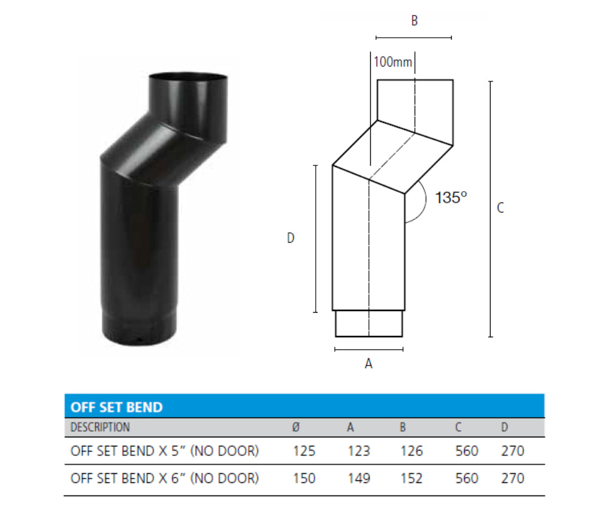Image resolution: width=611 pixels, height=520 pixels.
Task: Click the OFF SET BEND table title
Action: [116, 407]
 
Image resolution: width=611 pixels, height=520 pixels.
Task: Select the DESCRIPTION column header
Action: [99, 427]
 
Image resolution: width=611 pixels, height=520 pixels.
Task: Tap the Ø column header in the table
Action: [295, 427]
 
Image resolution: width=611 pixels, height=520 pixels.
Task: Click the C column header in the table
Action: [458, 427]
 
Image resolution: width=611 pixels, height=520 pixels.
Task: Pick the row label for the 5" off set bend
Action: [164, 451]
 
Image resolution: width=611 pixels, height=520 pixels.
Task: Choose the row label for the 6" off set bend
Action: [164, 478]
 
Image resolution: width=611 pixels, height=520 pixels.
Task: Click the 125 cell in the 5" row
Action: [304, 451]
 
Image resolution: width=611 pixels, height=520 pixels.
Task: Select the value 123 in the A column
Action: [358, 451]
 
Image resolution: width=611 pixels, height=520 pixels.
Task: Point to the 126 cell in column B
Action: [412, 451]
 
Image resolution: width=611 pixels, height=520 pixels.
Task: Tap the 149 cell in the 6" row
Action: [358, 478]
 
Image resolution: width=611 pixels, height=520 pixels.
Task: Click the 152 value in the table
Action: [412, 478]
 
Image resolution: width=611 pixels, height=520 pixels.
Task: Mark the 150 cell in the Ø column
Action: [304, 478]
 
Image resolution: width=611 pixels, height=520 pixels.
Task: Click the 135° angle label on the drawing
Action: [450, 198]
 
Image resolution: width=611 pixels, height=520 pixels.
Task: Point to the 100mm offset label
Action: [393, 62]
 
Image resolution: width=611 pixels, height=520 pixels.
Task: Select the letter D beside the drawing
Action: [291, 238]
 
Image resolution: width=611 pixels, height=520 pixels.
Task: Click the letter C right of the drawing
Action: [500, 208]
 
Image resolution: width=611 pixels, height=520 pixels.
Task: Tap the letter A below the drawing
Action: [368, 363]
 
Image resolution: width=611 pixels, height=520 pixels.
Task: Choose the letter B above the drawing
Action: [414, 21]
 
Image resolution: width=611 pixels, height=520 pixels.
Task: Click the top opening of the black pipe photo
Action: [187, 77]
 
